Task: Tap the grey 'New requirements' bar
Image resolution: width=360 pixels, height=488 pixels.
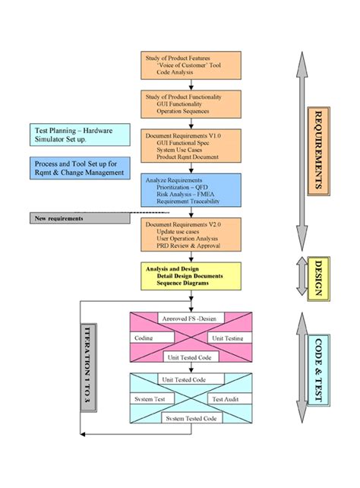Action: click(x=80, y=219)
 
